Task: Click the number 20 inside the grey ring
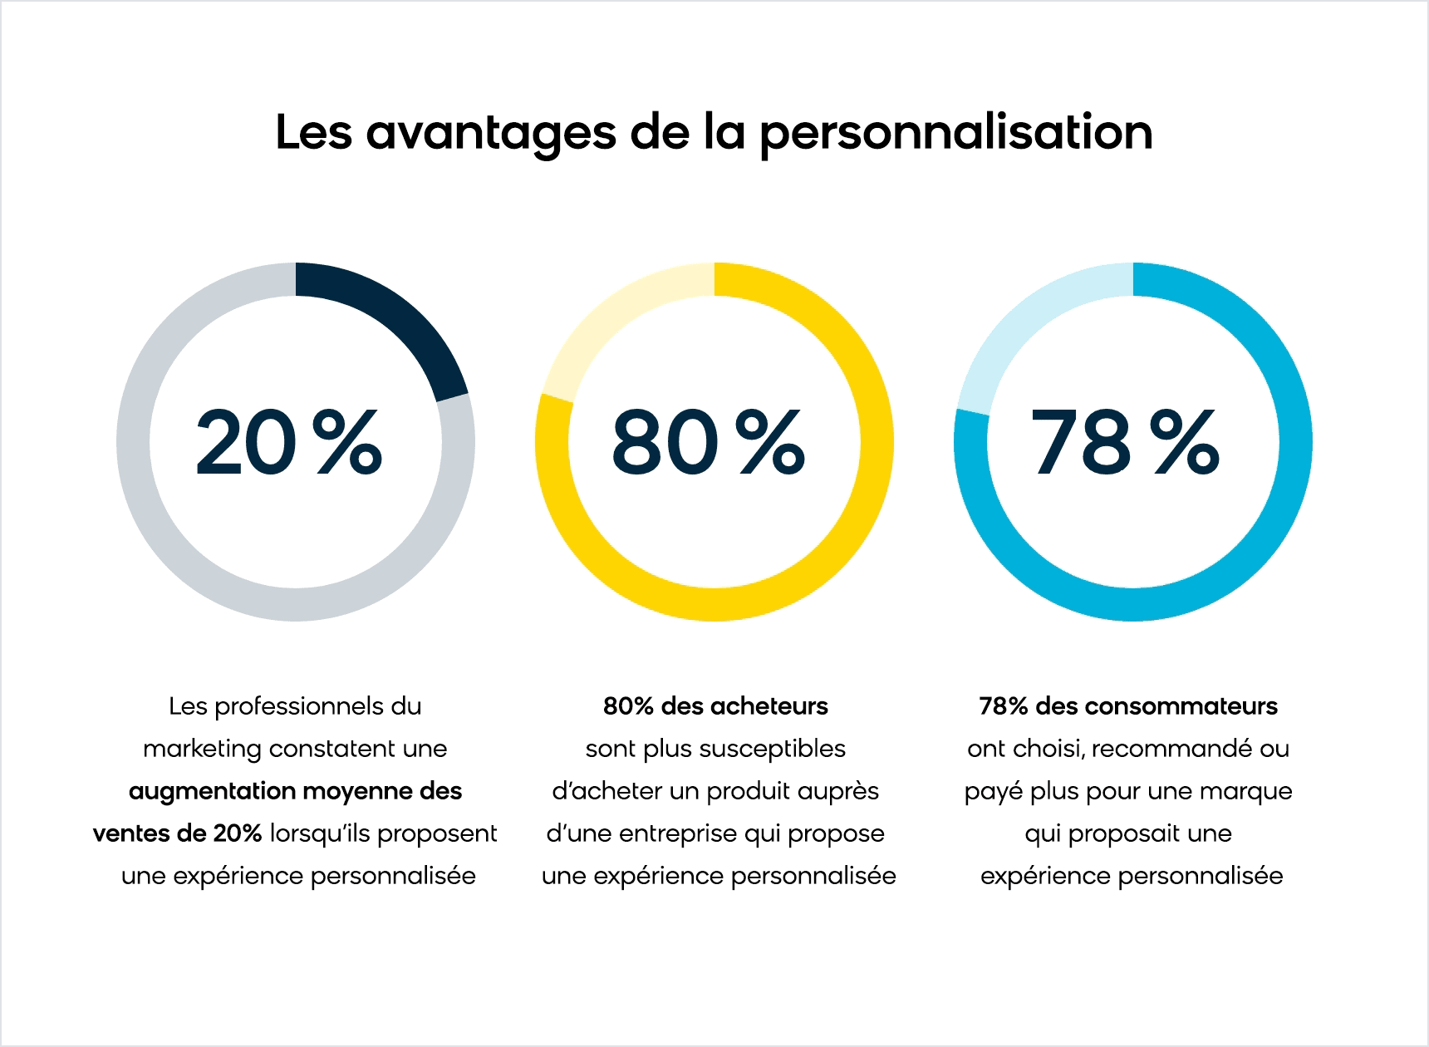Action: pyautogui.click(x=244, y=443)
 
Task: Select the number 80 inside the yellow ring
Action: pyautogui.click(x=664, y=443)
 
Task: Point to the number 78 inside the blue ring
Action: pyautogui.click(x=1080, y=443)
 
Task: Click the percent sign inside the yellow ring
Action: pyautogui.click(x=772, y=442)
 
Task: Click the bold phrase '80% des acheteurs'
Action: pyautogui.click(x=715, y=706)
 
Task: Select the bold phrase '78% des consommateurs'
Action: pyautogui.click(x=1128, y=706)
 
